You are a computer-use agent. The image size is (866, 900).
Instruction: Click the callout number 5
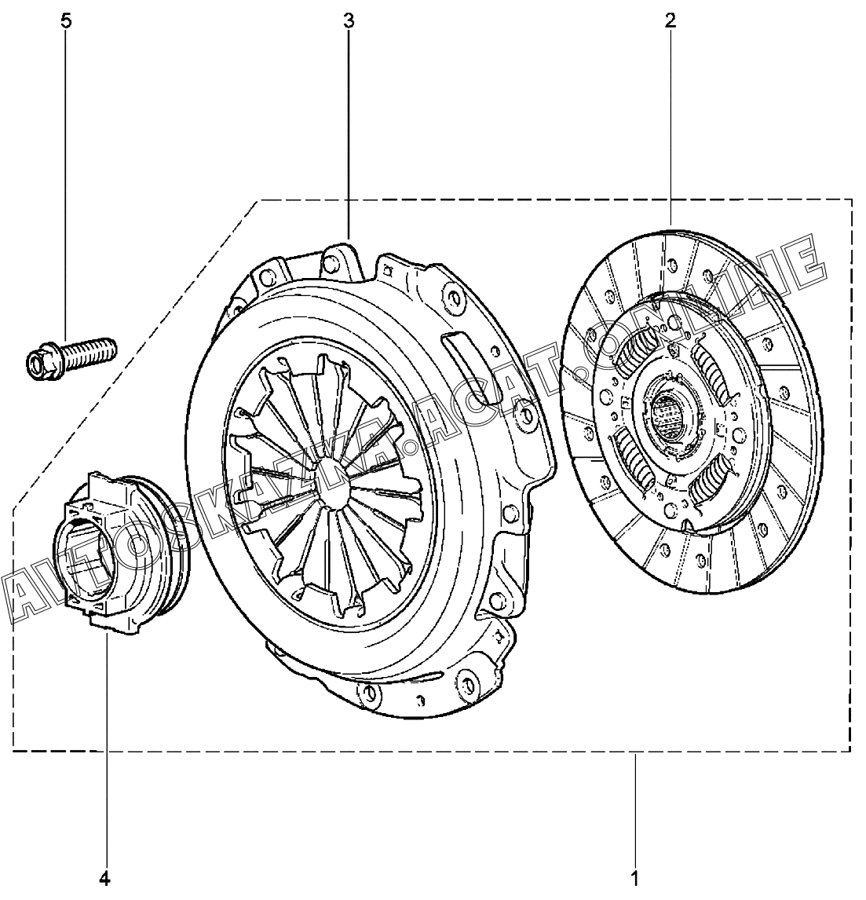click(66, 22)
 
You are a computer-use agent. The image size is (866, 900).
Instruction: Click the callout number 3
click(349, 22)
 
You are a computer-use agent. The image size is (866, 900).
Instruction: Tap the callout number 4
click(104, 878)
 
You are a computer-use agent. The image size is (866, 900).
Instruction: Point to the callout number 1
click(634, 878)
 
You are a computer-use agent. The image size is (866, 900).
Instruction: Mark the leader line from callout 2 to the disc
click(671, 127)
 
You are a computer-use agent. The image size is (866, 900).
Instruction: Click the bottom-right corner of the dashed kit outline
click(850, 751)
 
